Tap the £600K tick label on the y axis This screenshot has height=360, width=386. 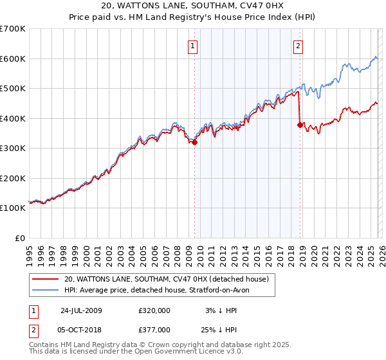point(13,59)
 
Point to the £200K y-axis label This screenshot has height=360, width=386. point(13,178)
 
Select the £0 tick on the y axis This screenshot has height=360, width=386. point(19,238)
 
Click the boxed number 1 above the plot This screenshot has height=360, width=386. point(194,46)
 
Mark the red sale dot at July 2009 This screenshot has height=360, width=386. point(194,143)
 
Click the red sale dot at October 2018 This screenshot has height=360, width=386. point(300,125)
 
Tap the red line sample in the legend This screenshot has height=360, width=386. point(46,279)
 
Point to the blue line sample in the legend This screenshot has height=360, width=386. point(46,290)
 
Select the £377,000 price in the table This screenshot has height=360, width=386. point(154,328)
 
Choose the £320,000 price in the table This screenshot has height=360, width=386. point(154,310)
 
